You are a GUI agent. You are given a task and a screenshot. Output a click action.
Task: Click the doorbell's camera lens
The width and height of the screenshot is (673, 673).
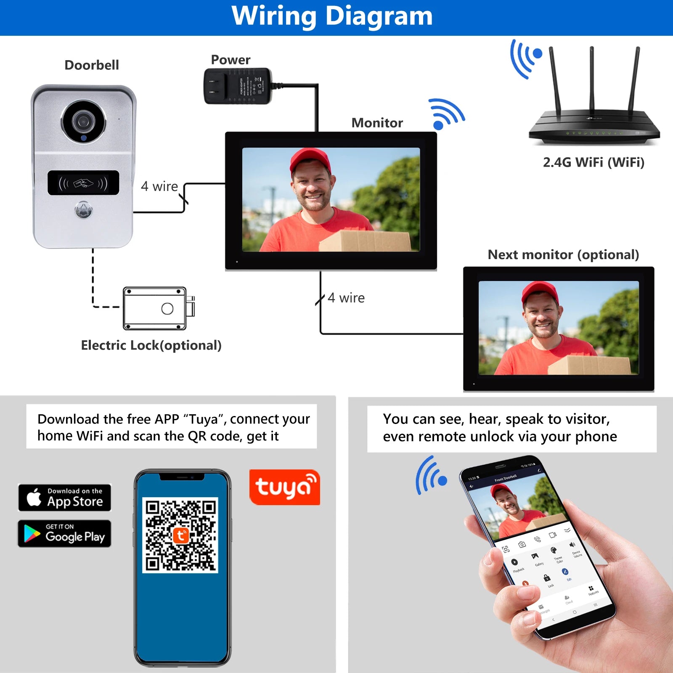[x=83, y=122]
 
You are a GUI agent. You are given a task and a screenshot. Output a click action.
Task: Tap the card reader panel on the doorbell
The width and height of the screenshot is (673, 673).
[x=83, y=183]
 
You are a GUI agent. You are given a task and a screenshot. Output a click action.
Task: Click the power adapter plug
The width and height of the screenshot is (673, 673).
[x=238, y=86]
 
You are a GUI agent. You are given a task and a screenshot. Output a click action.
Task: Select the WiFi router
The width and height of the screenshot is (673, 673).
[x=594, y=122]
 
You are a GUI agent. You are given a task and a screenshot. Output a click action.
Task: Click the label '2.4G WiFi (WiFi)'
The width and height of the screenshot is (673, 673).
[x=594, y=162]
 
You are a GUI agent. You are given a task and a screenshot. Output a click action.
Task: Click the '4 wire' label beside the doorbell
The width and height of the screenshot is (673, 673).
[x=159, y=186]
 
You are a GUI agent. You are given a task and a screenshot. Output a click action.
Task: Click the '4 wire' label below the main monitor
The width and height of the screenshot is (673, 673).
[x=346, y=298]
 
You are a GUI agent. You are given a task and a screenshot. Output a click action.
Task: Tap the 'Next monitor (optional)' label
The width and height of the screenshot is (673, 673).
[x=563, y=254]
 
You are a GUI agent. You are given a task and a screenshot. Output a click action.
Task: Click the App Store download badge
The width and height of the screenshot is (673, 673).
[x=64, y=498]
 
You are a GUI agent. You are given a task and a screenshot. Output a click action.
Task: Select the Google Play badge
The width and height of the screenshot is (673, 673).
[x=64, y=533]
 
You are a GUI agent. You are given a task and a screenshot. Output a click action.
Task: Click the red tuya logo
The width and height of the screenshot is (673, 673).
[x=284, y=487]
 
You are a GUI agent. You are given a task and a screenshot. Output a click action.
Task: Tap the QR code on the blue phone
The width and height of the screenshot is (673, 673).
[x=180, y=535]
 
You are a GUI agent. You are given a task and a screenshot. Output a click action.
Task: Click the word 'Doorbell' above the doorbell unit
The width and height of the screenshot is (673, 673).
[x=92, y=65]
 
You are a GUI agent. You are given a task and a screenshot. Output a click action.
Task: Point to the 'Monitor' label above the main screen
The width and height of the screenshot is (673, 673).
[x=377, y=123]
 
